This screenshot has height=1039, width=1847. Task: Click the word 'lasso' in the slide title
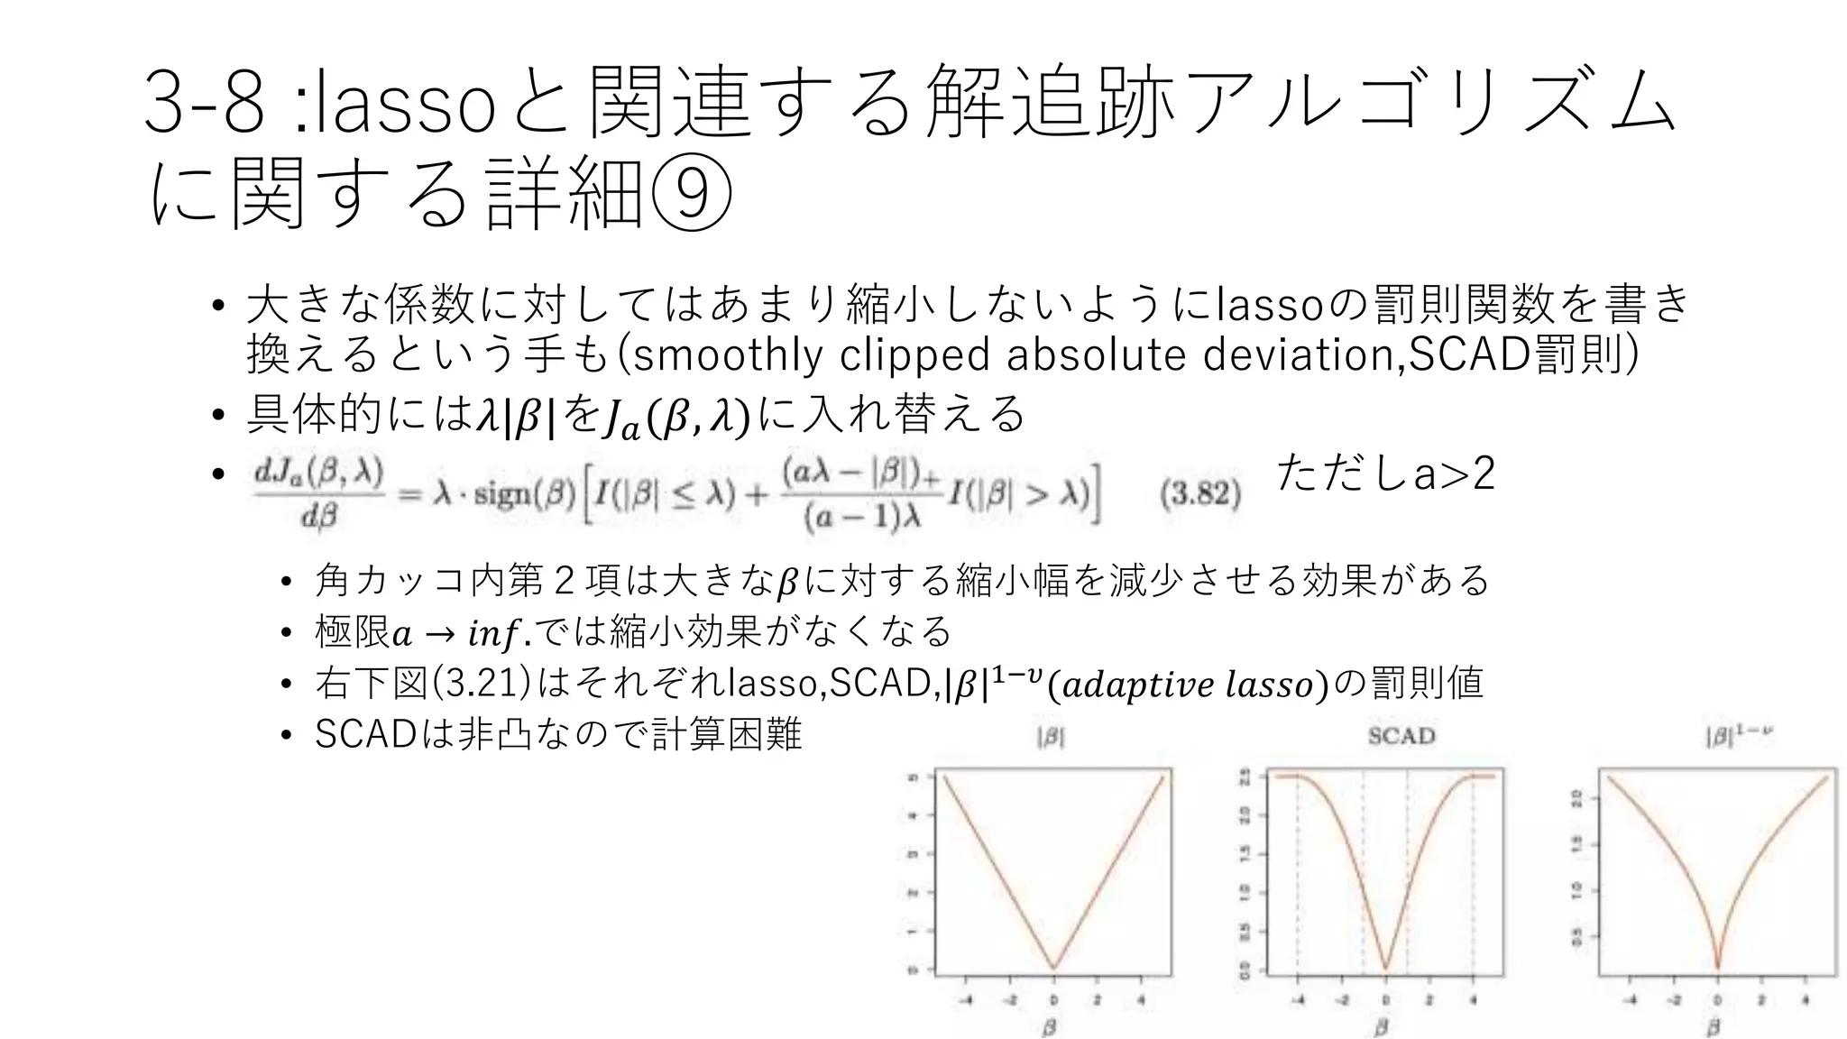coord(402,105)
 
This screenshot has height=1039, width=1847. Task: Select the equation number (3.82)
coord(1200,494)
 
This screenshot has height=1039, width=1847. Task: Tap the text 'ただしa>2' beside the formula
coord(1386,473)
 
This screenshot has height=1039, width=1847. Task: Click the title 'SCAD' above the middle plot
coord(1401,736)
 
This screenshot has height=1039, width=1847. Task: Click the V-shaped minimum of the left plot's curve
coord(1053,968)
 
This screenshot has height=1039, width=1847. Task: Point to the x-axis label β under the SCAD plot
coord(1381,1026)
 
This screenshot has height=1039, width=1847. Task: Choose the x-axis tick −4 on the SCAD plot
coord(1296,1000)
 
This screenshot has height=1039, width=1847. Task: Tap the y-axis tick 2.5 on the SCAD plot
coord(1245,777)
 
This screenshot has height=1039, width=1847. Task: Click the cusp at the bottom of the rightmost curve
coord(1717,968)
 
